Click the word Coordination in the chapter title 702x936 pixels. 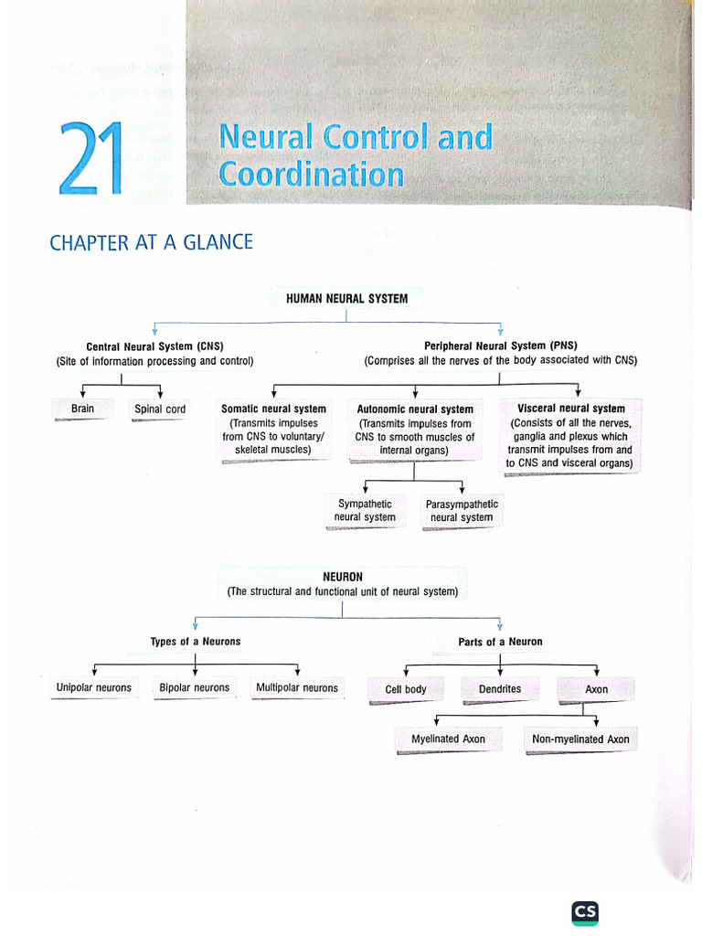[311, 174]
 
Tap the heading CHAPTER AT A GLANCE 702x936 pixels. [151, 242]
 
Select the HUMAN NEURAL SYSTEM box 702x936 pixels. [346, 298]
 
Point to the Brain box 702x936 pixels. [82, 409]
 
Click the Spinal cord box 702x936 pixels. [160, 409]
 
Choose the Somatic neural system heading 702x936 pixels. [273, 409]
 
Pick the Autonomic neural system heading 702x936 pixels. [415, 409]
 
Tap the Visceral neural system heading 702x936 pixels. [571, 409]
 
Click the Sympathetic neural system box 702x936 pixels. [365, 511]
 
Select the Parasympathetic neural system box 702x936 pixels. [462, 511]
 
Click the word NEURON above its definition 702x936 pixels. [343, 577]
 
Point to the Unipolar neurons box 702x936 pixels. [94, 688]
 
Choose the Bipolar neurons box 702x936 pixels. [194, 688]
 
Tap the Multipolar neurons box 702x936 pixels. [297, 688]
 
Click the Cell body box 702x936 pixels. [406, 689]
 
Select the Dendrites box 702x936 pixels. [500, 689]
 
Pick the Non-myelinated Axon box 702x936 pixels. [580, 739]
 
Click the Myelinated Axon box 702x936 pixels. [448, 739]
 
